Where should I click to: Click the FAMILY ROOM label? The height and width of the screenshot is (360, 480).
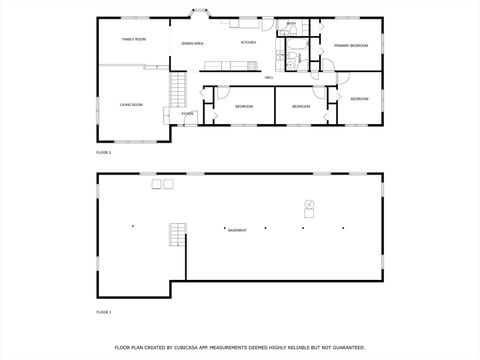134,39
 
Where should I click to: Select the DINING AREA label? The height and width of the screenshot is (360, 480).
193,44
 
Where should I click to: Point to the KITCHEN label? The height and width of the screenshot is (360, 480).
248,42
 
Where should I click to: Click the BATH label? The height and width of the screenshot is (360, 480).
291,24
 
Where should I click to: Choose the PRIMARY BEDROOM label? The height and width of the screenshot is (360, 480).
349,45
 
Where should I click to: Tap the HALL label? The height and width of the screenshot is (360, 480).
269,77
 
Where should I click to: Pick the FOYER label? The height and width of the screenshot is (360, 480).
187,114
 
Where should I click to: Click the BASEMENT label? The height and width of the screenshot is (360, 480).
237,231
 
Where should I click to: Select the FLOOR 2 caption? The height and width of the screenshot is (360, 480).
103,152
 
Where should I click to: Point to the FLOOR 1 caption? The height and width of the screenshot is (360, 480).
103,313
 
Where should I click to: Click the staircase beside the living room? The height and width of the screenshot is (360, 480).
180,90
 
